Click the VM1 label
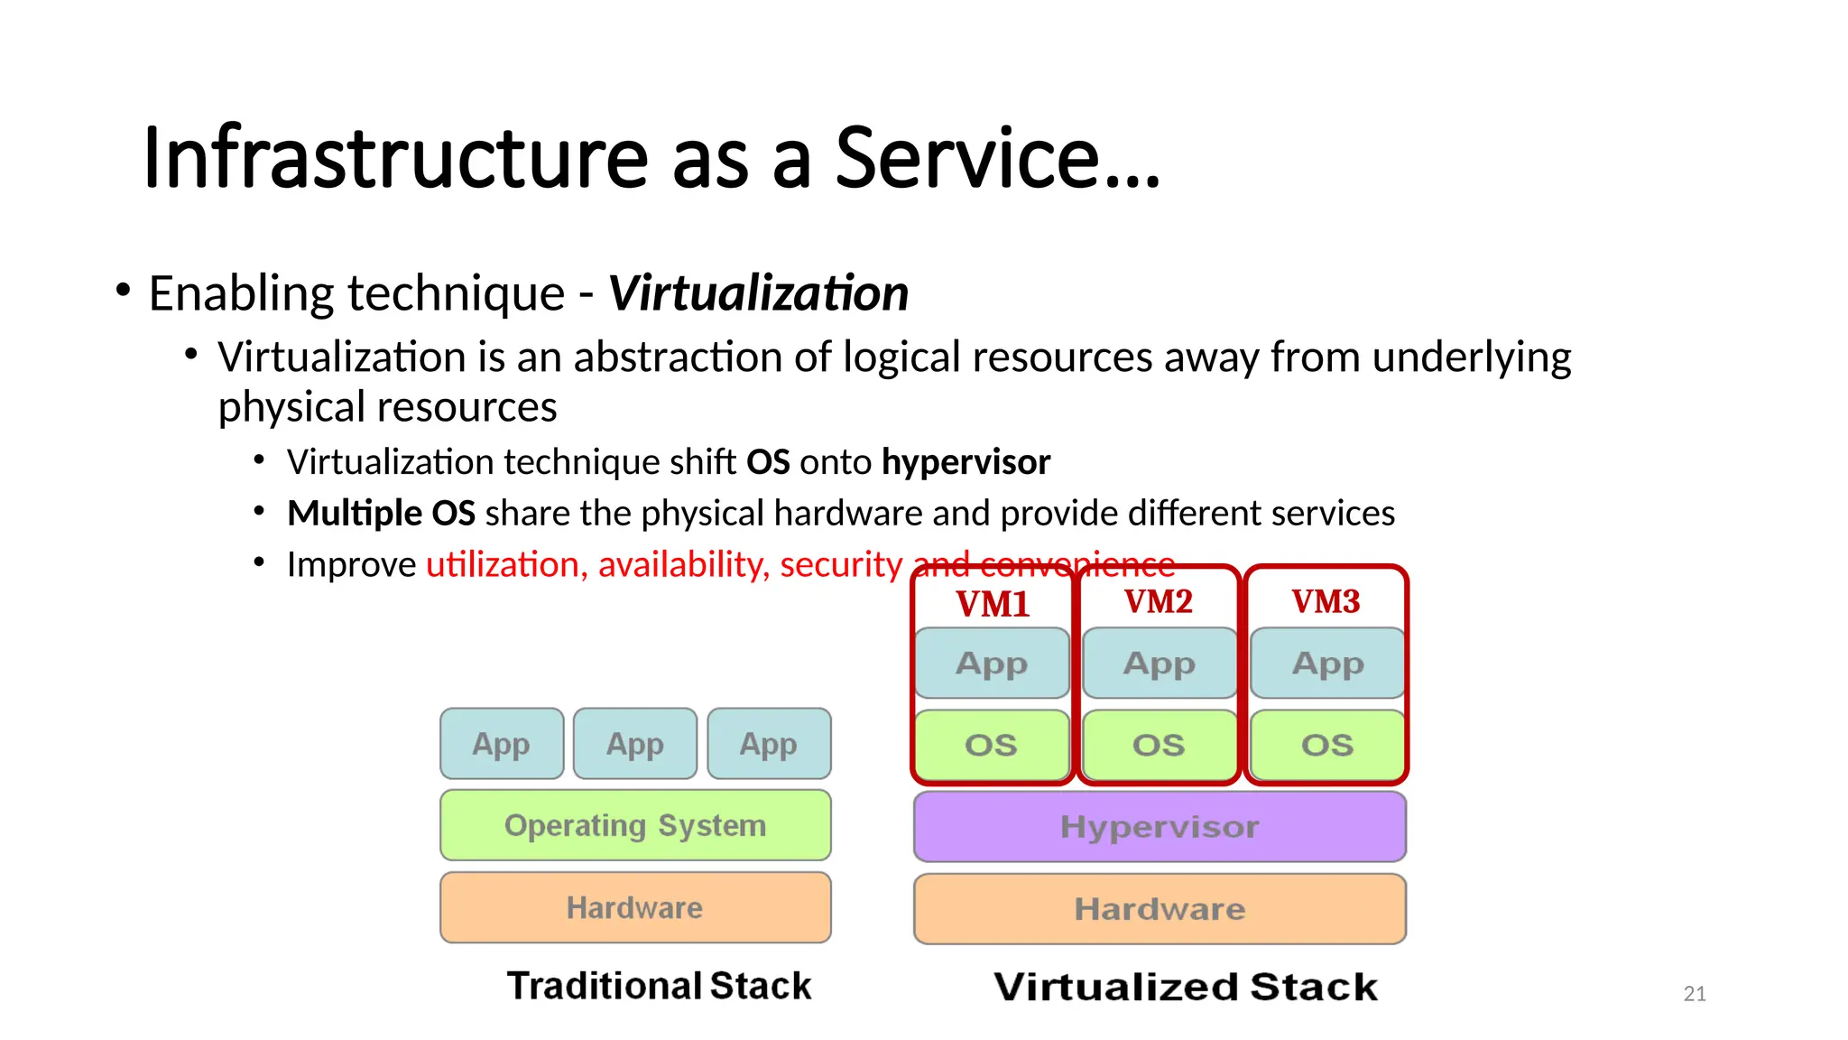point(993,604)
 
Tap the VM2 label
point(1159,601)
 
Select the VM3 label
point(1326,601)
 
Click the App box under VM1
point(992,664)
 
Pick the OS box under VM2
point(1159,745)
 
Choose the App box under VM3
point(1327,664)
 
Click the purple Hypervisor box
point(1160,827)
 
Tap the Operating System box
point(635,825)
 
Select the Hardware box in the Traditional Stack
point(635,907)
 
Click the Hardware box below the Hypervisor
point(1160,909)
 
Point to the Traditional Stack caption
point(659,986)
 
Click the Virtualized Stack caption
point(1186,987)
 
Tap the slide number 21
point(1695,994)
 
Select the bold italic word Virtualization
point(758,293)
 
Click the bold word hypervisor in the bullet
point(966,462)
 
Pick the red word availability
point(683,565)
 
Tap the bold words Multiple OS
point(381,514)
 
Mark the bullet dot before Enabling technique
point(124,291)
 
